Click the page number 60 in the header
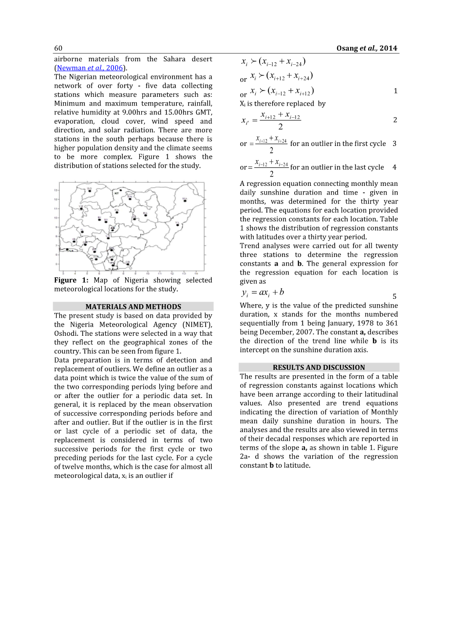pos(58,48)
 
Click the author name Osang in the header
pos(347,48)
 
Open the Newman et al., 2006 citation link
pos(90,68)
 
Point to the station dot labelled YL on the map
pos(178,225)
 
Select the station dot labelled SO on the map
pos(90,191)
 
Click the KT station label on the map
pos(116,193)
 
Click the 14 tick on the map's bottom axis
pos(196,273)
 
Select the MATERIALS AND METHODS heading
pos(133,307)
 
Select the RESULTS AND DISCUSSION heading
pos(319,367)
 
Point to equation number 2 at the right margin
pos(395,120)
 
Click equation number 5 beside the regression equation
pos(395,296)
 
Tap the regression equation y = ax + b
pos(263,292)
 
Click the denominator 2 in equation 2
pos(281,127)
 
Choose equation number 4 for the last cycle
pos(395,167)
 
